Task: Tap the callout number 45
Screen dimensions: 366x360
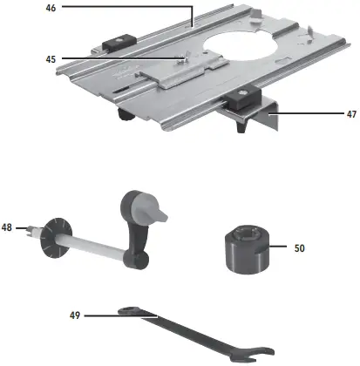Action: pyautogui.click(x=52, y=59)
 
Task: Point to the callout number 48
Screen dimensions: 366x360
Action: pyautogui.click(x=8, y=228)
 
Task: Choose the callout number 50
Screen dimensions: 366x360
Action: pyautogui.click(x=299, y=248)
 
